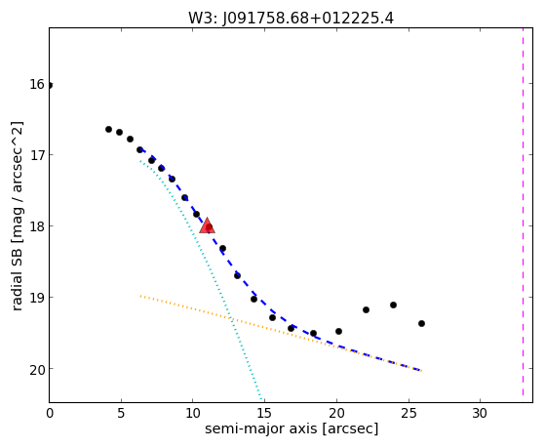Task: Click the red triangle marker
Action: tap(207, 225)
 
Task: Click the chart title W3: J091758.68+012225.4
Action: tap(291, 19)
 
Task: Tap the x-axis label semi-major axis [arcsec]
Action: tap(292, 428)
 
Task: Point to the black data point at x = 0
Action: tap(50, 85)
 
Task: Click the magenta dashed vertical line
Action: tap(523, 212)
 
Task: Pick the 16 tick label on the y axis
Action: tap(37, 84)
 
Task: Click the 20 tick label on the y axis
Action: tap(37, 369)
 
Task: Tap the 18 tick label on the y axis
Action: tap(37, 226)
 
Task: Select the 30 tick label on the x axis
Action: tap(480, 413)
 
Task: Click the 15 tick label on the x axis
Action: tap(264, 413)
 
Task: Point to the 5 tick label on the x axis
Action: tap(121, 413)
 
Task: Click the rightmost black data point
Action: tap(421, 323)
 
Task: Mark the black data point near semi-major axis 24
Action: tap(393, 305)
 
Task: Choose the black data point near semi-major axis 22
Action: tap(366, 309)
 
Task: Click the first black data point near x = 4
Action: tap(108, 129)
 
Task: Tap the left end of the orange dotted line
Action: tap(140, 296)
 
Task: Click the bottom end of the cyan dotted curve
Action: tap(261, 400)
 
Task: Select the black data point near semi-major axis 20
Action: tap(338, 332)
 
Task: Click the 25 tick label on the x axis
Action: tap(409, 413)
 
